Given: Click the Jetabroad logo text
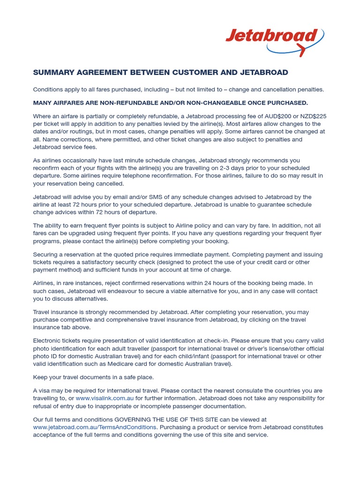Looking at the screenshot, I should click(271, 36).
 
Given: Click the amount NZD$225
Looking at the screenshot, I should click(311, 116).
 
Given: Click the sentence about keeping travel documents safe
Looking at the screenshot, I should click(93, 377).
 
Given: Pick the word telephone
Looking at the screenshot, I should click(142, 176).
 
